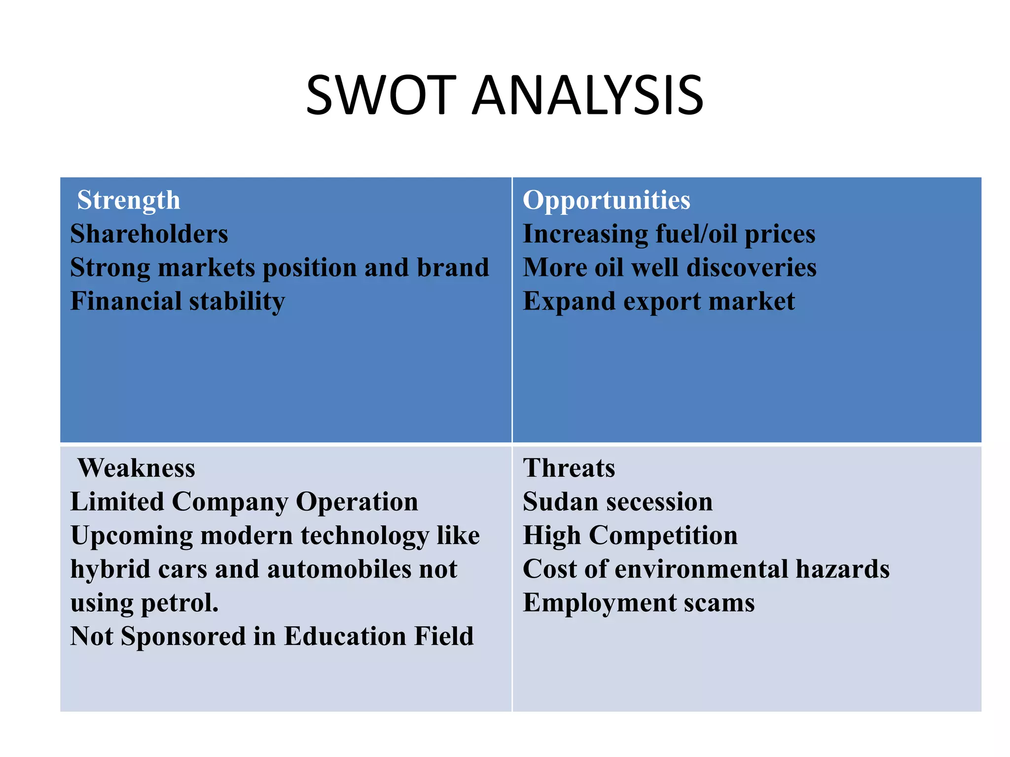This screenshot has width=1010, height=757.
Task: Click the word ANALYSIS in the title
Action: [x=587, y=95]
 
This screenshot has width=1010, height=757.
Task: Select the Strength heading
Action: [x=129, y=200]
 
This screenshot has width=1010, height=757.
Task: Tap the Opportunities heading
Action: [x=606, y=200]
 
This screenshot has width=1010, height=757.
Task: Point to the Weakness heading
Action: [x=136, y=468]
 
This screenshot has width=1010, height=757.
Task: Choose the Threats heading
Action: [x=569, y=468]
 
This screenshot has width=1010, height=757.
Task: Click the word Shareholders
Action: [x=149, y=234]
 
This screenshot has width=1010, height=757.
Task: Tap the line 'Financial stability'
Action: [x=178, y=301]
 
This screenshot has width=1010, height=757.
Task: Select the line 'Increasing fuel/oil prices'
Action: [x=669, y=234]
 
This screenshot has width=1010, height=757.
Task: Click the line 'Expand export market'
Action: [x=658, y=301]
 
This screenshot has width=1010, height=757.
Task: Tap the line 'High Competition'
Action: [x=630, y=535]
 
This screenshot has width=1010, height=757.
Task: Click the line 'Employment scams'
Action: [x=638, y=603]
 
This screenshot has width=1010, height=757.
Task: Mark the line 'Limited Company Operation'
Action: [x=244, y=502]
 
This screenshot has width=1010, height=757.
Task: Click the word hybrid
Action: [x=110, y=569]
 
